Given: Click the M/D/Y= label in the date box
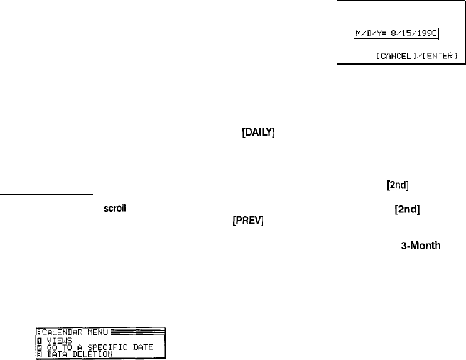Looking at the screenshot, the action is point(367,32).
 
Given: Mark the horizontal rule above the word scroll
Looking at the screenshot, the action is point(46,194).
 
